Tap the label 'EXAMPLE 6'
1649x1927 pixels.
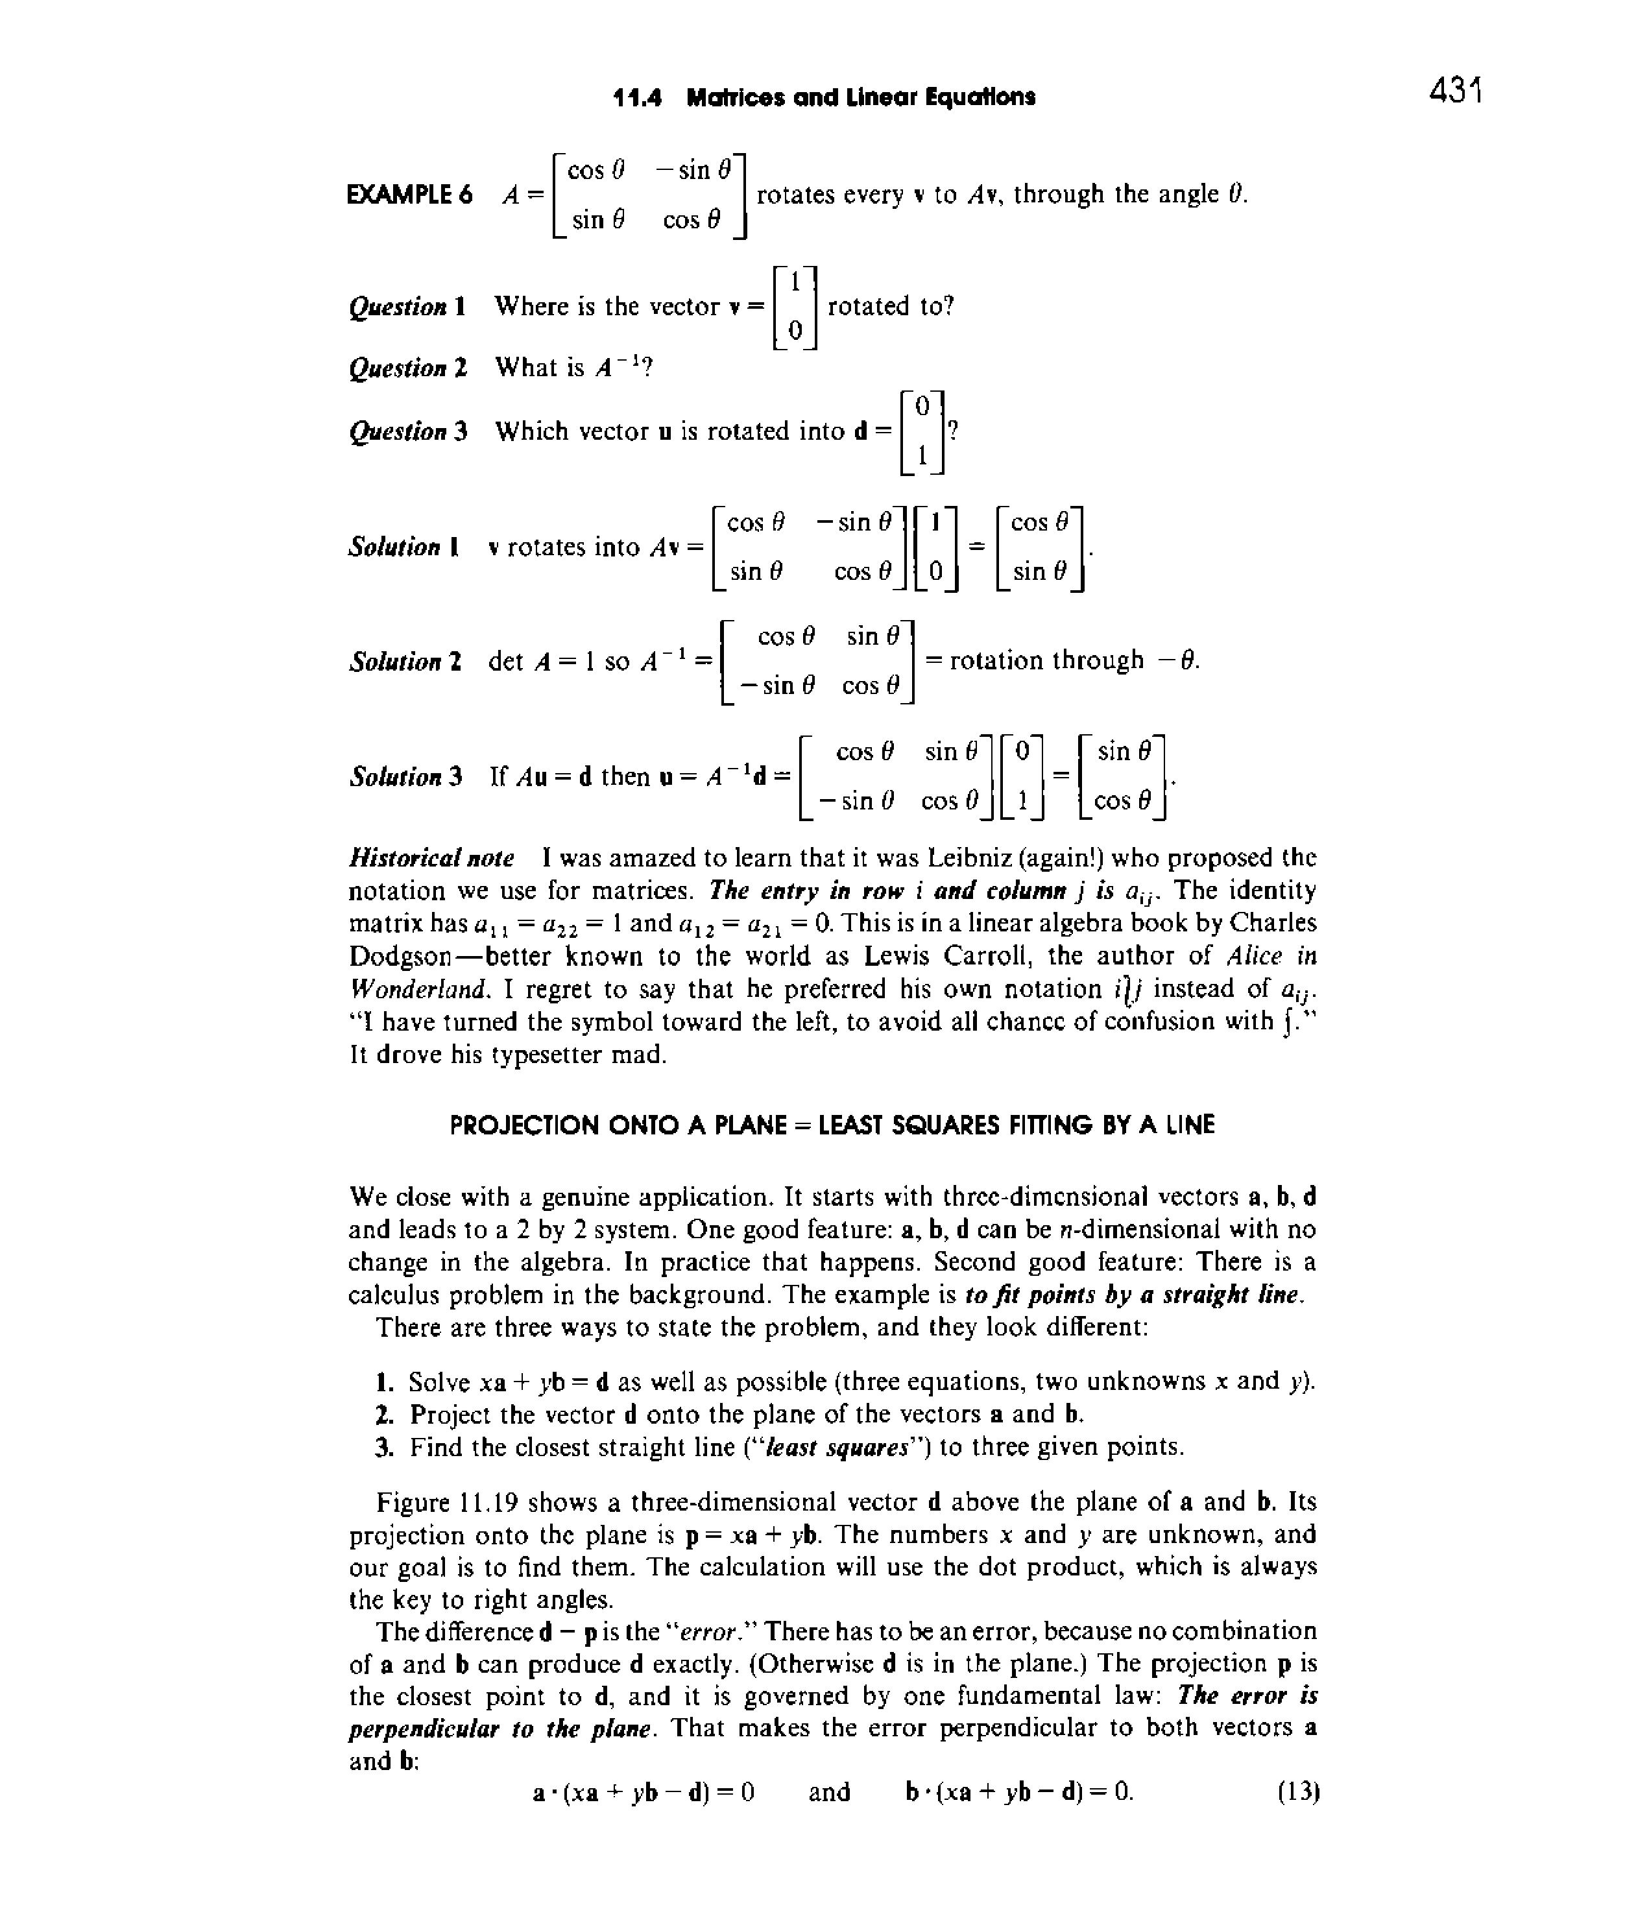coord(409,195)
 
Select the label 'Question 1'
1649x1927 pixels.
coord(407,307)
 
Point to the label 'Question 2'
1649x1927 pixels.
coord(408,368)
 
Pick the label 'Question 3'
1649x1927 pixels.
coord(408,431)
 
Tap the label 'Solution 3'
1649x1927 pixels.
coord(405,776)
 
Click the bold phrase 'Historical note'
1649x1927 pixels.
coord(431,857)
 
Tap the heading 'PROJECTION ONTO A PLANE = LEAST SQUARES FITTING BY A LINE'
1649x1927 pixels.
coord(832,1125)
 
